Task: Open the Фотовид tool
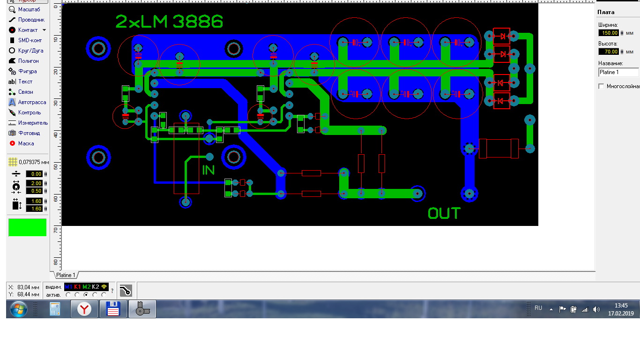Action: (25, 133)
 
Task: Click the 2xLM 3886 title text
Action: (169, 22)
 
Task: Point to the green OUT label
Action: (444, 214)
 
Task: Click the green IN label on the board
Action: (208, 170)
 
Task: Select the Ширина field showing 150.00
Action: (609, 33)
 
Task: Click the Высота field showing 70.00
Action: (609, 52)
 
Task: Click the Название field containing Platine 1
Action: (618, 72)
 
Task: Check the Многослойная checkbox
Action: (601, 86)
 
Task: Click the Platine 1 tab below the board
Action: (66, 275)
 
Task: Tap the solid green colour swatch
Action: (28, 227)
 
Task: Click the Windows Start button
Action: (19, 309)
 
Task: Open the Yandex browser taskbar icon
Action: (84, 309)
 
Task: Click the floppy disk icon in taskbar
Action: (113, 309)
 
